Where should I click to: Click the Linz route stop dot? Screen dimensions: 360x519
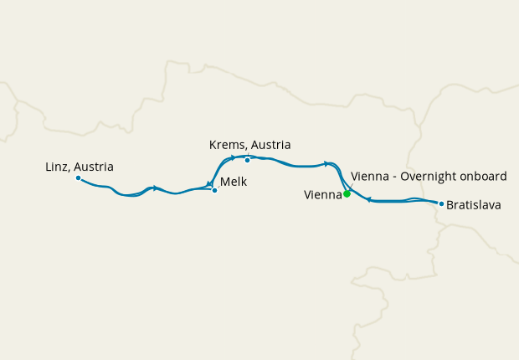pyautogui.click(x=78, y=177)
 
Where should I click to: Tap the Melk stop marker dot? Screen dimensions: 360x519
pyautogui.click(x=214, y=190)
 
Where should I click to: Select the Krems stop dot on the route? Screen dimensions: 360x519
pyautogui.click(x=247, y=160)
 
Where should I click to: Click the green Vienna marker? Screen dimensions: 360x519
pyautogui.click(x=347, y=194)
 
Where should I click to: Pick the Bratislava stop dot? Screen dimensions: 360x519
pyautogui.click(x=440, y=203)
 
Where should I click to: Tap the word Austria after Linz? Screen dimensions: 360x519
pyautogui.click(x=93, y=167)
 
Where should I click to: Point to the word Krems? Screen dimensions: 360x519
pyautogui.click(x=227, y=145)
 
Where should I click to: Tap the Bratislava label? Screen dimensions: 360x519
pyautogui.click(x=474, y=203)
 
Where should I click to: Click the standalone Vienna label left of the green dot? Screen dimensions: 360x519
pyautogui.click(x=322, y=195)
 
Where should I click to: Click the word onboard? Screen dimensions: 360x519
pyautogui.click(x=481, y=176)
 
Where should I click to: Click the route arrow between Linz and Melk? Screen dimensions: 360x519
pyautogui.click(x=155, y=188)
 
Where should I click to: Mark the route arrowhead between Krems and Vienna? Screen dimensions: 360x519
pyautogui.click(x=326, y=163)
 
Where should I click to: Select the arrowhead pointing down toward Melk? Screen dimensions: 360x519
pyautogui.click(x=208, y=184)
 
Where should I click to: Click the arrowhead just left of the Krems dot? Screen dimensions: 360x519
pyautogui.click(x=233, y=157)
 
